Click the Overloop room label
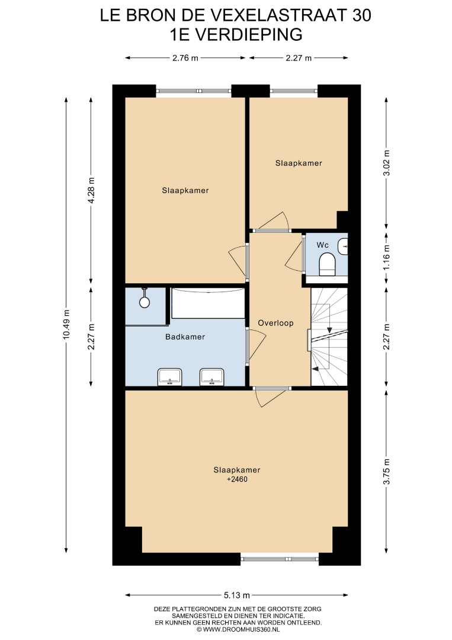pos(276,324)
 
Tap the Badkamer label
pos(185,337)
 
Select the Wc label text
pos(322,245)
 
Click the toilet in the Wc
pos(327,264)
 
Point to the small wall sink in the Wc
pos(342,247)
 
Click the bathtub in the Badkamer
pos(208,303)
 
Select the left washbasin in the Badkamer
pos(169,377)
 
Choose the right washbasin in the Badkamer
pos(211,377)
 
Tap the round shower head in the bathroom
pos(145,302)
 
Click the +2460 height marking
pos(237,479)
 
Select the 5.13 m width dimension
pos(236,595)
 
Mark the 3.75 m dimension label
pos(387,472)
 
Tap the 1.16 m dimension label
pos(387,257)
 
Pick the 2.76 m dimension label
pos(185,58)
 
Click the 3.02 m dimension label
pos(387,163)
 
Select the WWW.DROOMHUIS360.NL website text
pos(241,630)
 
